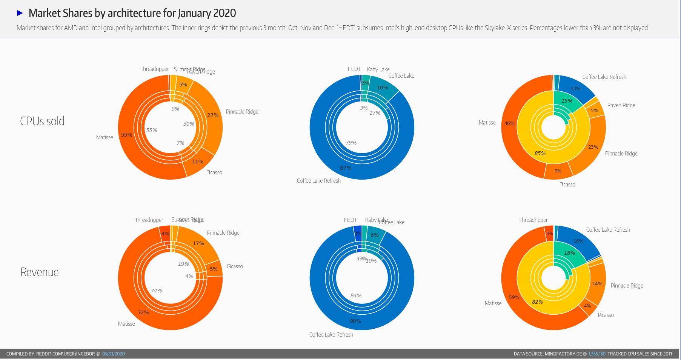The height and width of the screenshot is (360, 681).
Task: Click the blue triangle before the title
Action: point(20,13)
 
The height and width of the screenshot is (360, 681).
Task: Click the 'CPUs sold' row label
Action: point(42,121)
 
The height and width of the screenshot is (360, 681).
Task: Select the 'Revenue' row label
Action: point(39,272)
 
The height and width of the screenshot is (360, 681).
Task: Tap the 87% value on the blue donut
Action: point(346,168)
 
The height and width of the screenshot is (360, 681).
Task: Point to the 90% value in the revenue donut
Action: point(355,321)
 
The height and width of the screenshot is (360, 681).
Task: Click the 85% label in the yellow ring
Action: point(540,153)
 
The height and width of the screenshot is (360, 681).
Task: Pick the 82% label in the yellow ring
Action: point(537,302)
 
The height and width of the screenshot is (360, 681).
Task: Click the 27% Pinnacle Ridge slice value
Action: point(213,115)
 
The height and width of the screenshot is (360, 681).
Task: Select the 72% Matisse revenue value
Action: point(143,312)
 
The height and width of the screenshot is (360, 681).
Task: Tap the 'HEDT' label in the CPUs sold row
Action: point(354,69)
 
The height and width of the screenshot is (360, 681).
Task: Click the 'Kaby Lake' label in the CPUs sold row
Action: point(378,69)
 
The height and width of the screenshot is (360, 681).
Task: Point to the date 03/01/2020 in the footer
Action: point(113,354)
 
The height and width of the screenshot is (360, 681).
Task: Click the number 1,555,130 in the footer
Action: point(596,354)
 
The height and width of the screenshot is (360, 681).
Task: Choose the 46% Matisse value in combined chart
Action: point(509,123)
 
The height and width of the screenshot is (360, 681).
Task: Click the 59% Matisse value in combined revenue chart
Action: point(514,297)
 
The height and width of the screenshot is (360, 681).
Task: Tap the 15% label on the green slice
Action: point(567,101)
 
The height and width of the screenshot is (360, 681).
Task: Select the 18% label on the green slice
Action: point(569,253)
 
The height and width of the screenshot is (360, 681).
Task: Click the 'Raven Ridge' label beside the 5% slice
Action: point(621,105)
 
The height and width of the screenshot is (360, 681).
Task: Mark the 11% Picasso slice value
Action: point(197,162)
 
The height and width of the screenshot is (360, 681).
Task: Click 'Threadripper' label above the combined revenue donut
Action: point(533,220)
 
